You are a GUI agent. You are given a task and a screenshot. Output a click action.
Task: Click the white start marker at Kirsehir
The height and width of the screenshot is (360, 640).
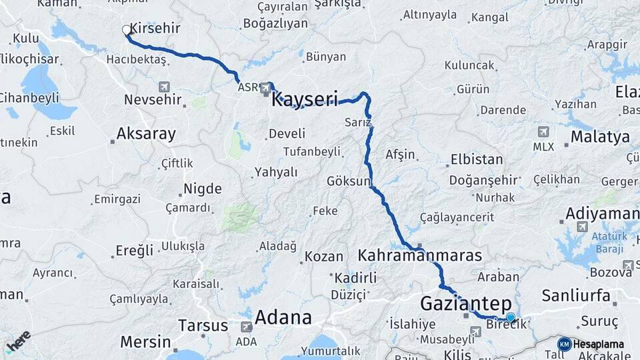(x=127, y=29)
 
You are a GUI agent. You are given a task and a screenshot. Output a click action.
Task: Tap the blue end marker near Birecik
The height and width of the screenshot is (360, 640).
(x=511, y=318)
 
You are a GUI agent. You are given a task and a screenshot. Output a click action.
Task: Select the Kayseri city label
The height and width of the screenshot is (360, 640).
(x=305, y=99)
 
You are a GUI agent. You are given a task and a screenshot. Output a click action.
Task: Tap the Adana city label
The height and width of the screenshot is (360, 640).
(x=283, y=316)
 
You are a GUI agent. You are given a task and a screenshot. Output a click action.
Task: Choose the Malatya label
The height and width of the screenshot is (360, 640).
(x=599, y=137)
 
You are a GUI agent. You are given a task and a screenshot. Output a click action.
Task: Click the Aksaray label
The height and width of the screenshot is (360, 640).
(x=146, y=133)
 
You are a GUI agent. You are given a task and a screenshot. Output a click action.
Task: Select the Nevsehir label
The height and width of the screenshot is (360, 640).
(x=153, y=99)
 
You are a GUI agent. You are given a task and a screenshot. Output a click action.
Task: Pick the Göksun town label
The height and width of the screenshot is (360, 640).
(x=349, y=181)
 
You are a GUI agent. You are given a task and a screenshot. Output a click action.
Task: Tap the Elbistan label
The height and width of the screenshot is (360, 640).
(x=477, y=159)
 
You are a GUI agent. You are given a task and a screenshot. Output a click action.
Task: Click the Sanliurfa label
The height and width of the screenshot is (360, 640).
(x=576, y=295)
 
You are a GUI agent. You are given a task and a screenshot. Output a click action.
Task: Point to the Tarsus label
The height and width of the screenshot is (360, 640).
(x=204, y=325)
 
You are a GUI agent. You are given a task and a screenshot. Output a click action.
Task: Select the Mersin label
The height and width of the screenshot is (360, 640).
(x=145, y=342)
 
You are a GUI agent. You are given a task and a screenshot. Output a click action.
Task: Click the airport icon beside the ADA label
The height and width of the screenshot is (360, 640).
(x=247, y=327)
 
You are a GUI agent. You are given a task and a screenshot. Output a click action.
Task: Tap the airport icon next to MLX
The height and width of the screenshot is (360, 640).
(x=543, y=131)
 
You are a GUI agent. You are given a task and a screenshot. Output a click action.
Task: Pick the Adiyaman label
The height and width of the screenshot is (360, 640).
(x=601, y=213)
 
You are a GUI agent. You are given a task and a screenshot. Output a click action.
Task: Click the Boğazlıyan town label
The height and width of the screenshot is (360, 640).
(x=276, y=23)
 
